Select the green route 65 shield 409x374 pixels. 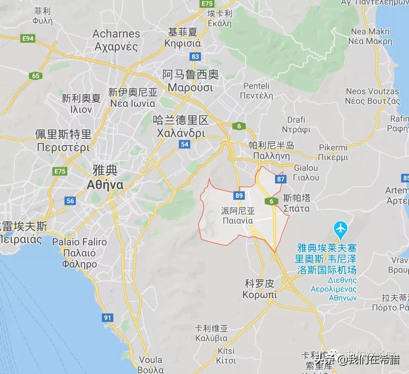coord(35,76)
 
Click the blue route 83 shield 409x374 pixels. coord(195,56)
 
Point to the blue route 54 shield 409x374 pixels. coord(184,144)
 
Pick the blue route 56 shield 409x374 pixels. coord(70,201)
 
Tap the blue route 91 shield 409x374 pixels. coord(107,317)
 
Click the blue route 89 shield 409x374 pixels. coord(239,195)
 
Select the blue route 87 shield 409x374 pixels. coord(280,179)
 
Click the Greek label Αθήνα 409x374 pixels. coord(105,185)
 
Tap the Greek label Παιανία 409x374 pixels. coord(238,221)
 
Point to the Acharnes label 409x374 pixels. coord(116,33)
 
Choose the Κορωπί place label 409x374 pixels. coord(259,295)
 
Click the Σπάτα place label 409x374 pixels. coord(297,209)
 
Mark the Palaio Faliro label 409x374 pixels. coord(80,242)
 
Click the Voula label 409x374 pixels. coord(150,360)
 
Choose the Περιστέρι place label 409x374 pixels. coord(63,147)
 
